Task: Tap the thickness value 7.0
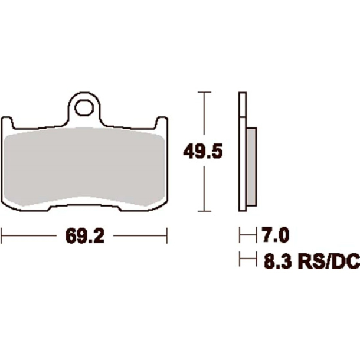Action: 273,237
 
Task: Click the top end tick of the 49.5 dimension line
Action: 204,92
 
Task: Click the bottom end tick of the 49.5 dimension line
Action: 204,211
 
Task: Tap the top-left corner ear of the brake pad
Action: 8,120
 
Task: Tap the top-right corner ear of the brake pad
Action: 162,120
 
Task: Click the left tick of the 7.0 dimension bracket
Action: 240,237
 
